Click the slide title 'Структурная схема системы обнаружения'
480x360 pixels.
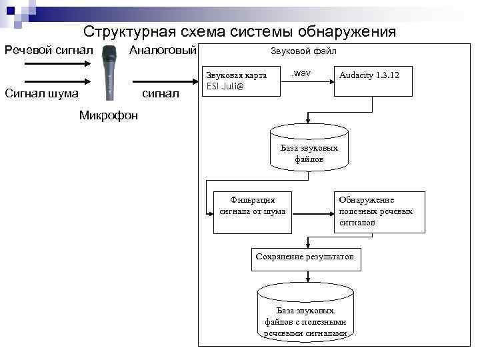(239, 32)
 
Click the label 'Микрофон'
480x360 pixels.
(109, 115)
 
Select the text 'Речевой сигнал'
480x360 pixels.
(49, 51)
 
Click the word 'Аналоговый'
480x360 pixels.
(163, 51)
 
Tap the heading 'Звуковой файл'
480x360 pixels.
(303, 51)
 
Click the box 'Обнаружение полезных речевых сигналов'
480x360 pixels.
(379, 212)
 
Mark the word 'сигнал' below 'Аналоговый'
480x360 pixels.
(162, 93)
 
